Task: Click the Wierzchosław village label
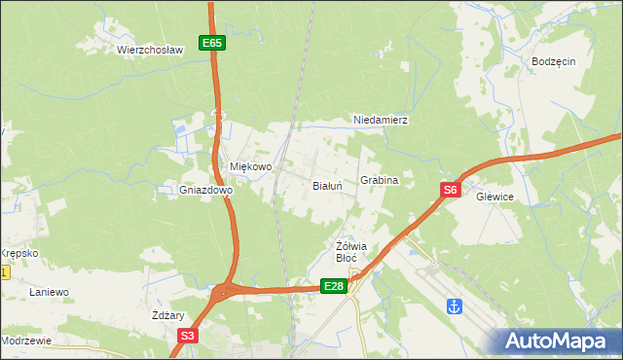point(150,49)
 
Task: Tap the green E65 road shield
point(212,43)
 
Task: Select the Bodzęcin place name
point(554,60)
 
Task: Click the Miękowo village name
point(250,166)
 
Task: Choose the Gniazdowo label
point(205,191)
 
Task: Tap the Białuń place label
point(326,185)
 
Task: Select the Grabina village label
point(380,181)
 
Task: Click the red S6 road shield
point(449,191)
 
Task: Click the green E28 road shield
point(334,285)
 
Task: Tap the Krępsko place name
point(18,253)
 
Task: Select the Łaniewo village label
point(48,292)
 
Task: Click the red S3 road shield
point(187,336)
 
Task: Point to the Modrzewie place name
point(25,342)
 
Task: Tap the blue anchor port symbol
point(453,306)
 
